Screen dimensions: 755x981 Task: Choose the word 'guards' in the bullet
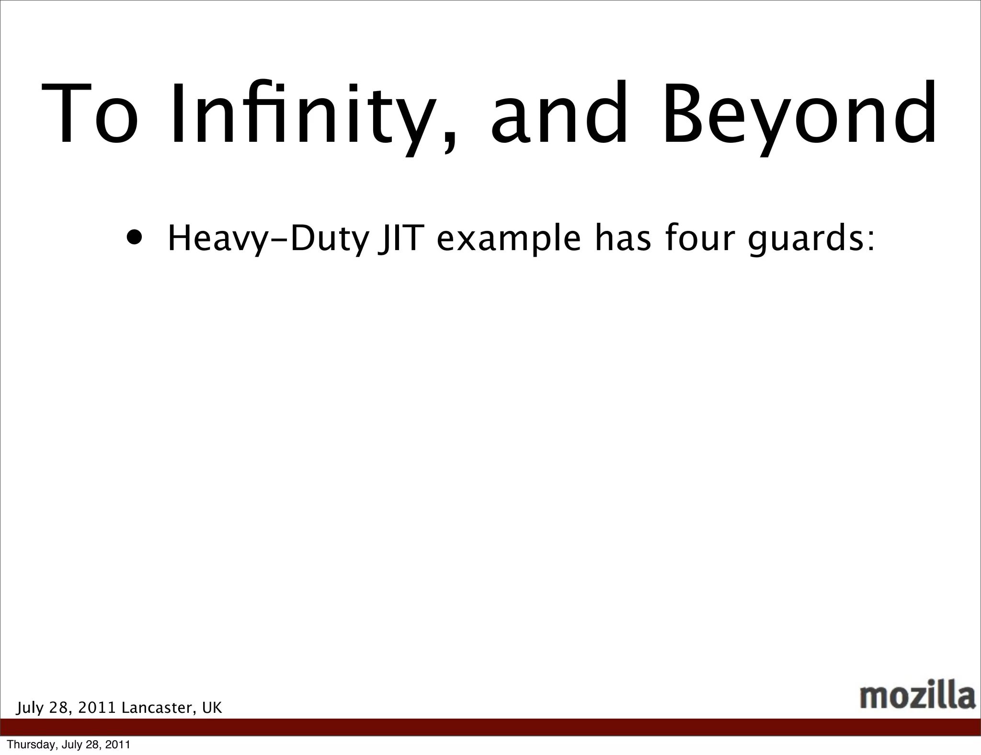click(x=805, y=240)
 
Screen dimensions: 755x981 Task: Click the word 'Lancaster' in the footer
click(x=158, y=708)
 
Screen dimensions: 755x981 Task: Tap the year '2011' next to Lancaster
click(x=97, y=708)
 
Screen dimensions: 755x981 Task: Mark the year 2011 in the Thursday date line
click(x=118, y=745)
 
